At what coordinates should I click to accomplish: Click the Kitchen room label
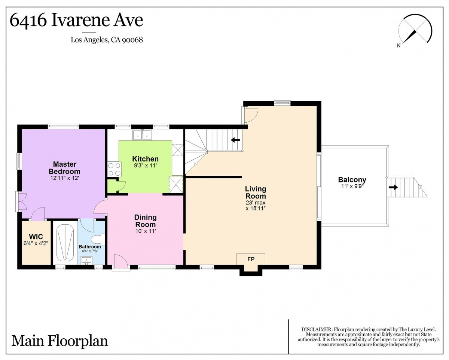click(x=145, y=159)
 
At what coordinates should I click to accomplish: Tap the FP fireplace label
click(x=251, y=259)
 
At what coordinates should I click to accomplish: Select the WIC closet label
click(x=36, y=237)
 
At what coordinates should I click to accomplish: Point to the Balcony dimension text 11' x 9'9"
click(x=352, y=186)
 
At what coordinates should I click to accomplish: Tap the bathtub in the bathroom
click(x=65, y=242)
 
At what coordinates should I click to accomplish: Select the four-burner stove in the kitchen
click(x=114, y=169)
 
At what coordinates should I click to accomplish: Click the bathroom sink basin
click(x=86, y=260)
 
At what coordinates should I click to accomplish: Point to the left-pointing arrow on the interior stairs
click(x=235, y=140)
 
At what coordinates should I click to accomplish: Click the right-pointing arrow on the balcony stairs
click(x=393, y=187)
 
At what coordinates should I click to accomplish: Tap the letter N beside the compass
click(x=398, y=46)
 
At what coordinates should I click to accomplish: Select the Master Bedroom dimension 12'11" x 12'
click(x=64, y=178)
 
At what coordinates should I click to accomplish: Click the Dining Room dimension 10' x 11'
click(x=146, y=231)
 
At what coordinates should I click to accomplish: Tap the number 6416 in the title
click(x=28, y=21)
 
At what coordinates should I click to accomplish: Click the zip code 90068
click(x=132, y=40)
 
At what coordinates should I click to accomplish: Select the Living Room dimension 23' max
click(x=256, y=202)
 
